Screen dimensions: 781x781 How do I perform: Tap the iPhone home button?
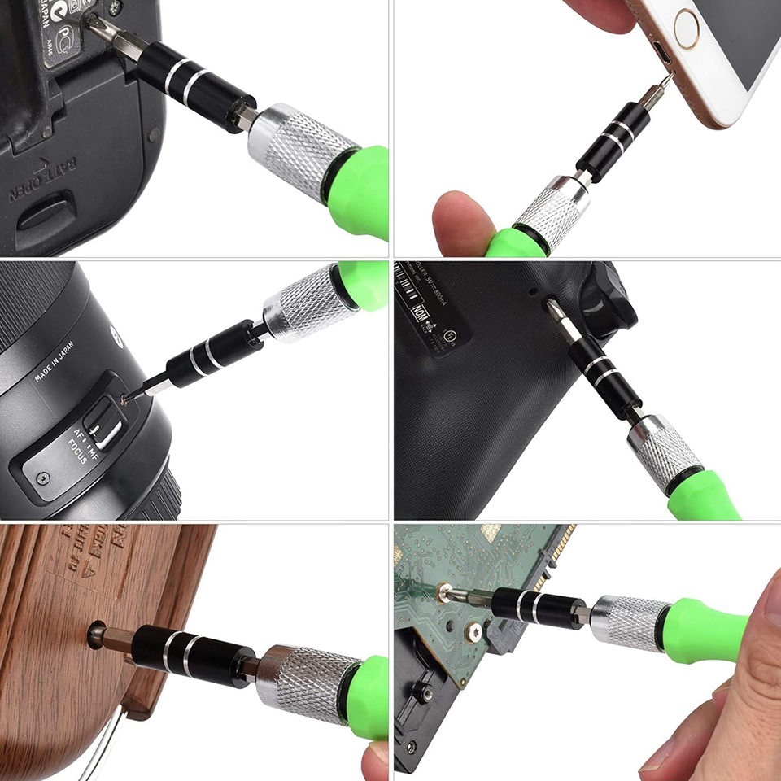(687, 28)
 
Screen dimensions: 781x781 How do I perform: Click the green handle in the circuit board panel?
(705, 629)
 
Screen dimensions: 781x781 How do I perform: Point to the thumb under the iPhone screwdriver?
(460, 223)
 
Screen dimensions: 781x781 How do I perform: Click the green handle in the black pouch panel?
(701, 500)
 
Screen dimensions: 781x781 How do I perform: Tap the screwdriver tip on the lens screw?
(127, 398)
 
